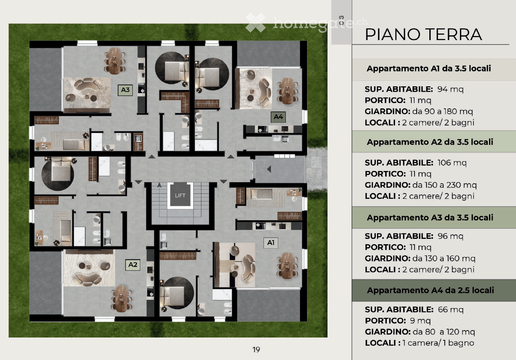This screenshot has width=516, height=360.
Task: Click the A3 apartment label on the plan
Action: tap(125, 90)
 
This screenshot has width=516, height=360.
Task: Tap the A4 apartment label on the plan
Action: tap(278, 117)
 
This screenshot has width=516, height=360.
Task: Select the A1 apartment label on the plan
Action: tap(271, 243)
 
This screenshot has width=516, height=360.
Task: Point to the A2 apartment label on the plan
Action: tap(133, 265)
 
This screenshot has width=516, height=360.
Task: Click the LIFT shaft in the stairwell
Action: tap(180, 196)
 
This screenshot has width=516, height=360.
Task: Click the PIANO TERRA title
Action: tap(424, 35)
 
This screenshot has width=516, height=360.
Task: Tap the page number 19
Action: tap(256, 350)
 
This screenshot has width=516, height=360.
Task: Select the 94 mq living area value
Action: tap(450, 89)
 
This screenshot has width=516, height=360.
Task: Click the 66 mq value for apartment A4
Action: tap(451, 310)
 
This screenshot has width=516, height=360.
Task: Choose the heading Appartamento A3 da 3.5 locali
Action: tap(430, 218)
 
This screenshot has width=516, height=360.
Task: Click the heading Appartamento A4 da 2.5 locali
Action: tap(431, 290)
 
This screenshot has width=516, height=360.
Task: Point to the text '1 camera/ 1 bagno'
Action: tap(438, 343)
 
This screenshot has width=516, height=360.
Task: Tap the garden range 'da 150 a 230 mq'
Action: tap(444, 185)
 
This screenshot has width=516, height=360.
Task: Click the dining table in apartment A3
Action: tap(114, 61)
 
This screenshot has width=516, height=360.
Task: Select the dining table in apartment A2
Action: tap(121, 299)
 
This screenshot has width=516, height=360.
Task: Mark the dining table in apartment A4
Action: tap(287, 91)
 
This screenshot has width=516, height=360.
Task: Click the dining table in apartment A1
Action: tap(287, 265)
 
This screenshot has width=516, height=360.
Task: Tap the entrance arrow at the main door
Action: tap(269, 169)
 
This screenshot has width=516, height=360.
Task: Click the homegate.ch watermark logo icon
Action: tap(256, 22)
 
